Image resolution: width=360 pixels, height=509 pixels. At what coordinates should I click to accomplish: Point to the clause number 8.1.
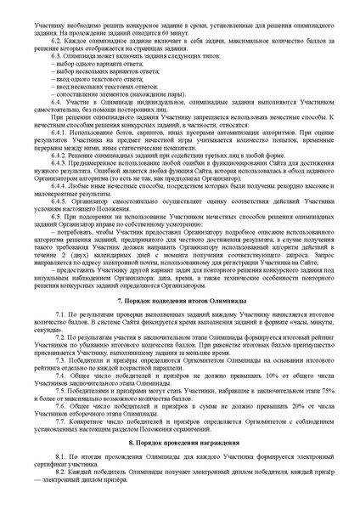point(61,458)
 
